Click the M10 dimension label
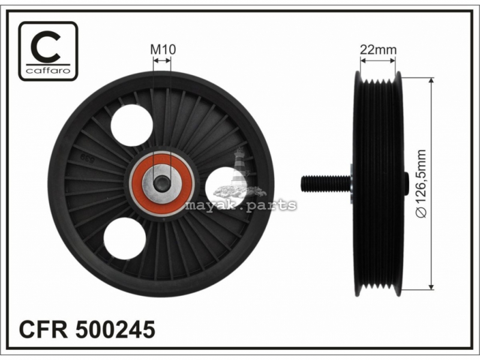tap(163, 49)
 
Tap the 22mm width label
tap(378, 49)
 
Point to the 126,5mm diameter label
tap(422, 184)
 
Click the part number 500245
tap(115, 329)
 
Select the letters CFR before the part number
tap(43, 329)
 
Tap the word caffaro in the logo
tap(48, 71)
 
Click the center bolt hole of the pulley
tap(162, 184)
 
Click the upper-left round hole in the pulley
tap(131, 125)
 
